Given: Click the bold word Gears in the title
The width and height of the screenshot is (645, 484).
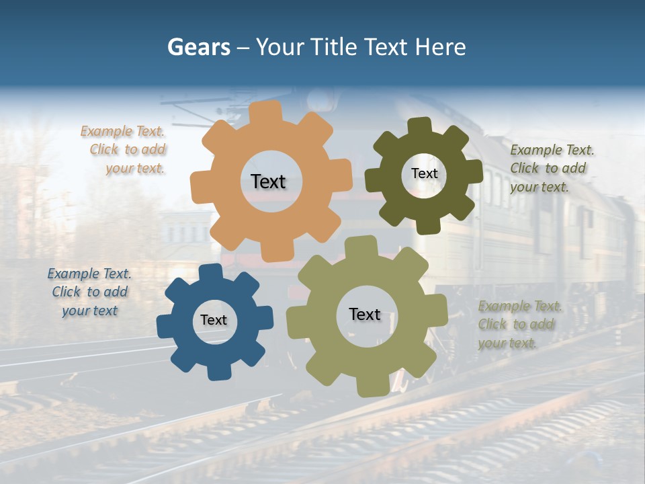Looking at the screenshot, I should tap(198, 47).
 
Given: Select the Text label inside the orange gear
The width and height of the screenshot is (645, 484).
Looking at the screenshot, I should tap(268, 182).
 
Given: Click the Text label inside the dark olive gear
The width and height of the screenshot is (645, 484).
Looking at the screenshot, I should tap(424, 173).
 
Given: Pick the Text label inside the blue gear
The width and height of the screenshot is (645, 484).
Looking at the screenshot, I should tap(214, 320).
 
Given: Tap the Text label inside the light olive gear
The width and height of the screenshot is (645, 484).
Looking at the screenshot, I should tap(365, 314).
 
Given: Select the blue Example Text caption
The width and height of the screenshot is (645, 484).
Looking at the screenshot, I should tap(90, 292).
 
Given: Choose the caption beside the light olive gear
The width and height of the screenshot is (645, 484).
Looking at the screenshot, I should tap(518, 325).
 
